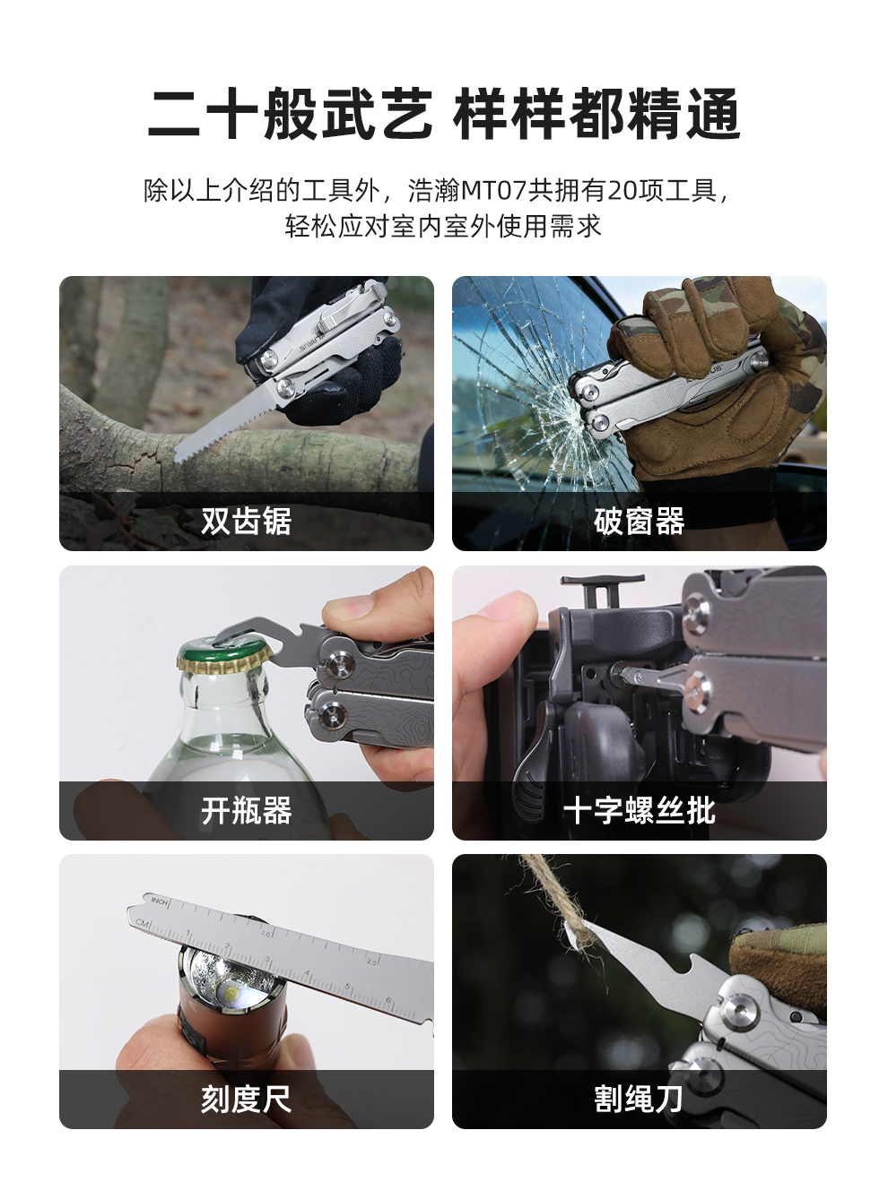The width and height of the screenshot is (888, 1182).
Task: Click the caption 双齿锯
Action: (x=246, y=521)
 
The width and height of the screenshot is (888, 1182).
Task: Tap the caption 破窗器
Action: (x=639, y=521)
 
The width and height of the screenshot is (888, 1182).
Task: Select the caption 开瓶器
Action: (x=246, y=810)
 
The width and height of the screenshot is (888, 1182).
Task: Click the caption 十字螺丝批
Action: (x=639, y=810)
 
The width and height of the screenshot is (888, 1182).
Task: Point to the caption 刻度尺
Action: (x=246, y=1099)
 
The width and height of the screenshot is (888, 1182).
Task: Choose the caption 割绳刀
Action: (x=639, y=1099)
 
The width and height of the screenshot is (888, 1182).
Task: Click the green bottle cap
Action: (x=221, y=654)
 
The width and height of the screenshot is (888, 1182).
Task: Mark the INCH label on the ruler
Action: (x=160, y=900)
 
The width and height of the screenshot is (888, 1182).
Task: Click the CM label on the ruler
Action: (x=143, y=922)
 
